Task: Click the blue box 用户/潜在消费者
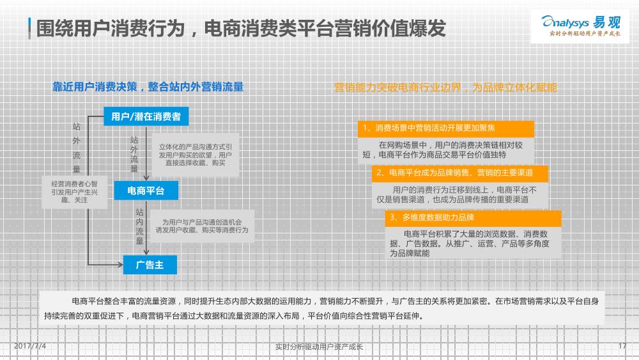tap(146, 116)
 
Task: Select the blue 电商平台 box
tap(146, 191)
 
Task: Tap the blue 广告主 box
tap(150, 265)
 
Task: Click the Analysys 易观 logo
tap(580, 26)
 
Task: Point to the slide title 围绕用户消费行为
tap(111, 29)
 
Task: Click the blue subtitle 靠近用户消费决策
tap(95, 87)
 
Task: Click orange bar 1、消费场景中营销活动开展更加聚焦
tap(446, 129)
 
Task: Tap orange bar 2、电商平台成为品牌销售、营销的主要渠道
tap(459, 173)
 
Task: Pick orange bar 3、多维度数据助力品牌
tap(473, 217)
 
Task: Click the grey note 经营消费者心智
tap(75, 192)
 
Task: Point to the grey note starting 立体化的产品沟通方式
tap(195, 155)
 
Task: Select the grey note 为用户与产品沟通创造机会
tap(202, 226)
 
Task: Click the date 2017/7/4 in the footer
tap(30, 346)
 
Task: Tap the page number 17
tap(622, 346)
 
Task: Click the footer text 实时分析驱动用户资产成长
tap(319, 347)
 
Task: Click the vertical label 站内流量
tap(140, 226)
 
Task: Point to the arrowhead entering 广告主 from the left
tap(120, 265)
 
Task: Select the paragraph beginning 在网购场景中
tap(446, 150)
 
